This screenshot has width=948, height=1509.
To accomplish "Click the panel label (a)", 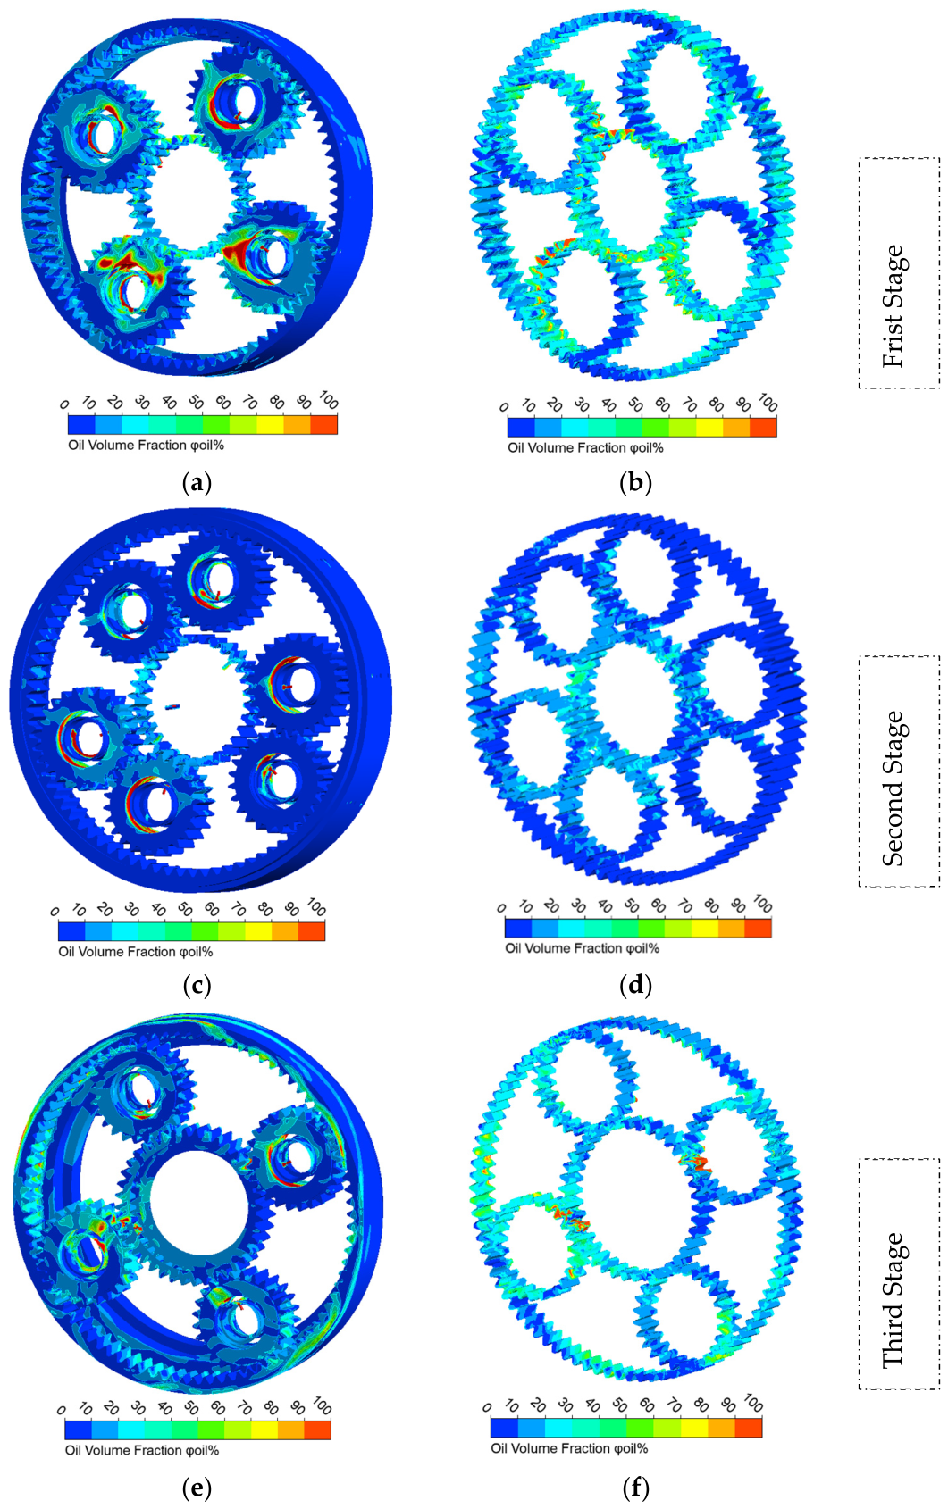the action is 197,483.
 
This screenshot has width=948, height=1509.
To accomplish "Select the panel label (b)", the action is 636,483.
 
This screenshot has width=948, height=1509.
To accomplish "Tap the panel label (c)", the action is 197,986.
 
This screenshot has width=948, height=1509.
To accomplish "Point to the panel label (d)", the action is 636,986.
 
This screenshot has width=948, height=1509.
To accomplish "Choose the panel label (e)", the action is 197,1488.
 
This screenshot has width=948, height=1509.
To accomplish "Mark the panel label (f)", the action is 636,1488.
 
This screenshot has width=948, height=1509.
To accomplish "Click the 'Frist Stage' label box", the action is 899,273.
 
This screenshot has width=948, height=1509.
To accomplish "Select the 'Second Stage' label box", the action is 899,771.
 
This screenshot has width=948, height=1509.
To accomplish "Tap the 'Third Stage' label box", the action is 899,1274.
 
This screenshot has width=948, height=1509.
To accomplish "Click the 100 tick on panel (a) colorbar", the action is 329,400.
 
